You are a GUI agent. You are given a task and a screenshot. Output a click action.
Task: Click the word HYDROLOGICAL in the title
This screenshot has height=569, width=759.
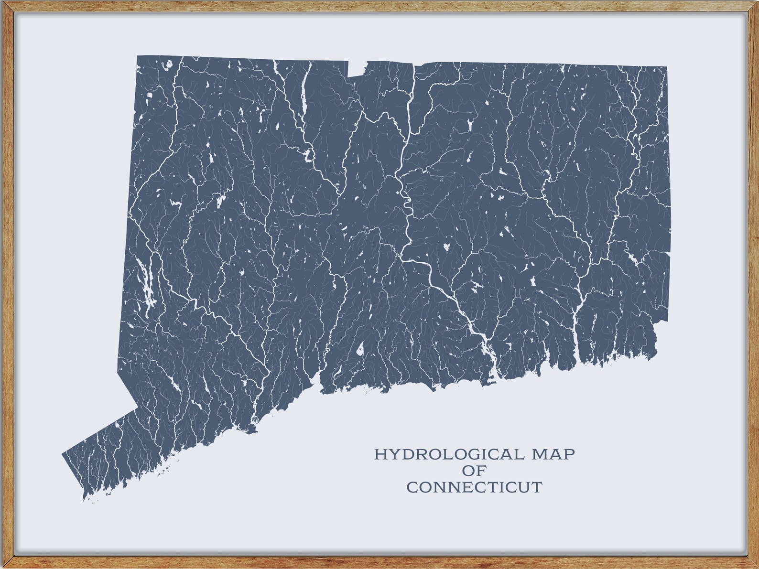click(x=449, y=454)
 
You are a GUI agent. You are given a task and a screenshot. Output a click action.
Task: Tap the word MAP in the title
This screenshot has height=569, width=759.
click(x=553, y=454)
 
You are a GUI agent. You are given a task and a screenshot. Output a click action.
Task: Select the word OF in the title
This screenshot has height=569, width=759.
click(x=474, y=471)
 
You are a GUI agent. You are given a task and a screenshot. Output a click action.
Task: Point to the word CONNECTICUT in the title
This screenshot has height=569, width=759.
click(x=474, y=487)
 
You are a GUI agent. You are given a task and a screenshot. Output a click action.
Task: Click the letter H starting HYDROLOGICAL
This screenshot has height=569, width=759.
click(x=379, y=454)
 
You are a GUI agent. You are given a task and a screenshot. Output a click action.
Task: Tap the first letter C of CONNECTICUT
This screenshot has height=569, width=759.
click(x=412, y=487)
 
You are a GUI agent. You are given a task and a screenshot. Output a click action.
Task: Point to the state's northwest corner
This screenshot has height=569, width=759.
click(x=138, y=56)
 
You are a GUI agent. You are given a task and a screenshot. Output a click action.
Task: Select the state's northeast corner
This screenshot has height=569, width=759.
click(x=666, y=67)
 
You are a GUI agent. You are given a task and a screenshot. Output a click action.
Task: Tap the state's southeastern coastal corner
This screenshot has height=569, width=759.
click(x=656, y=356)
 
